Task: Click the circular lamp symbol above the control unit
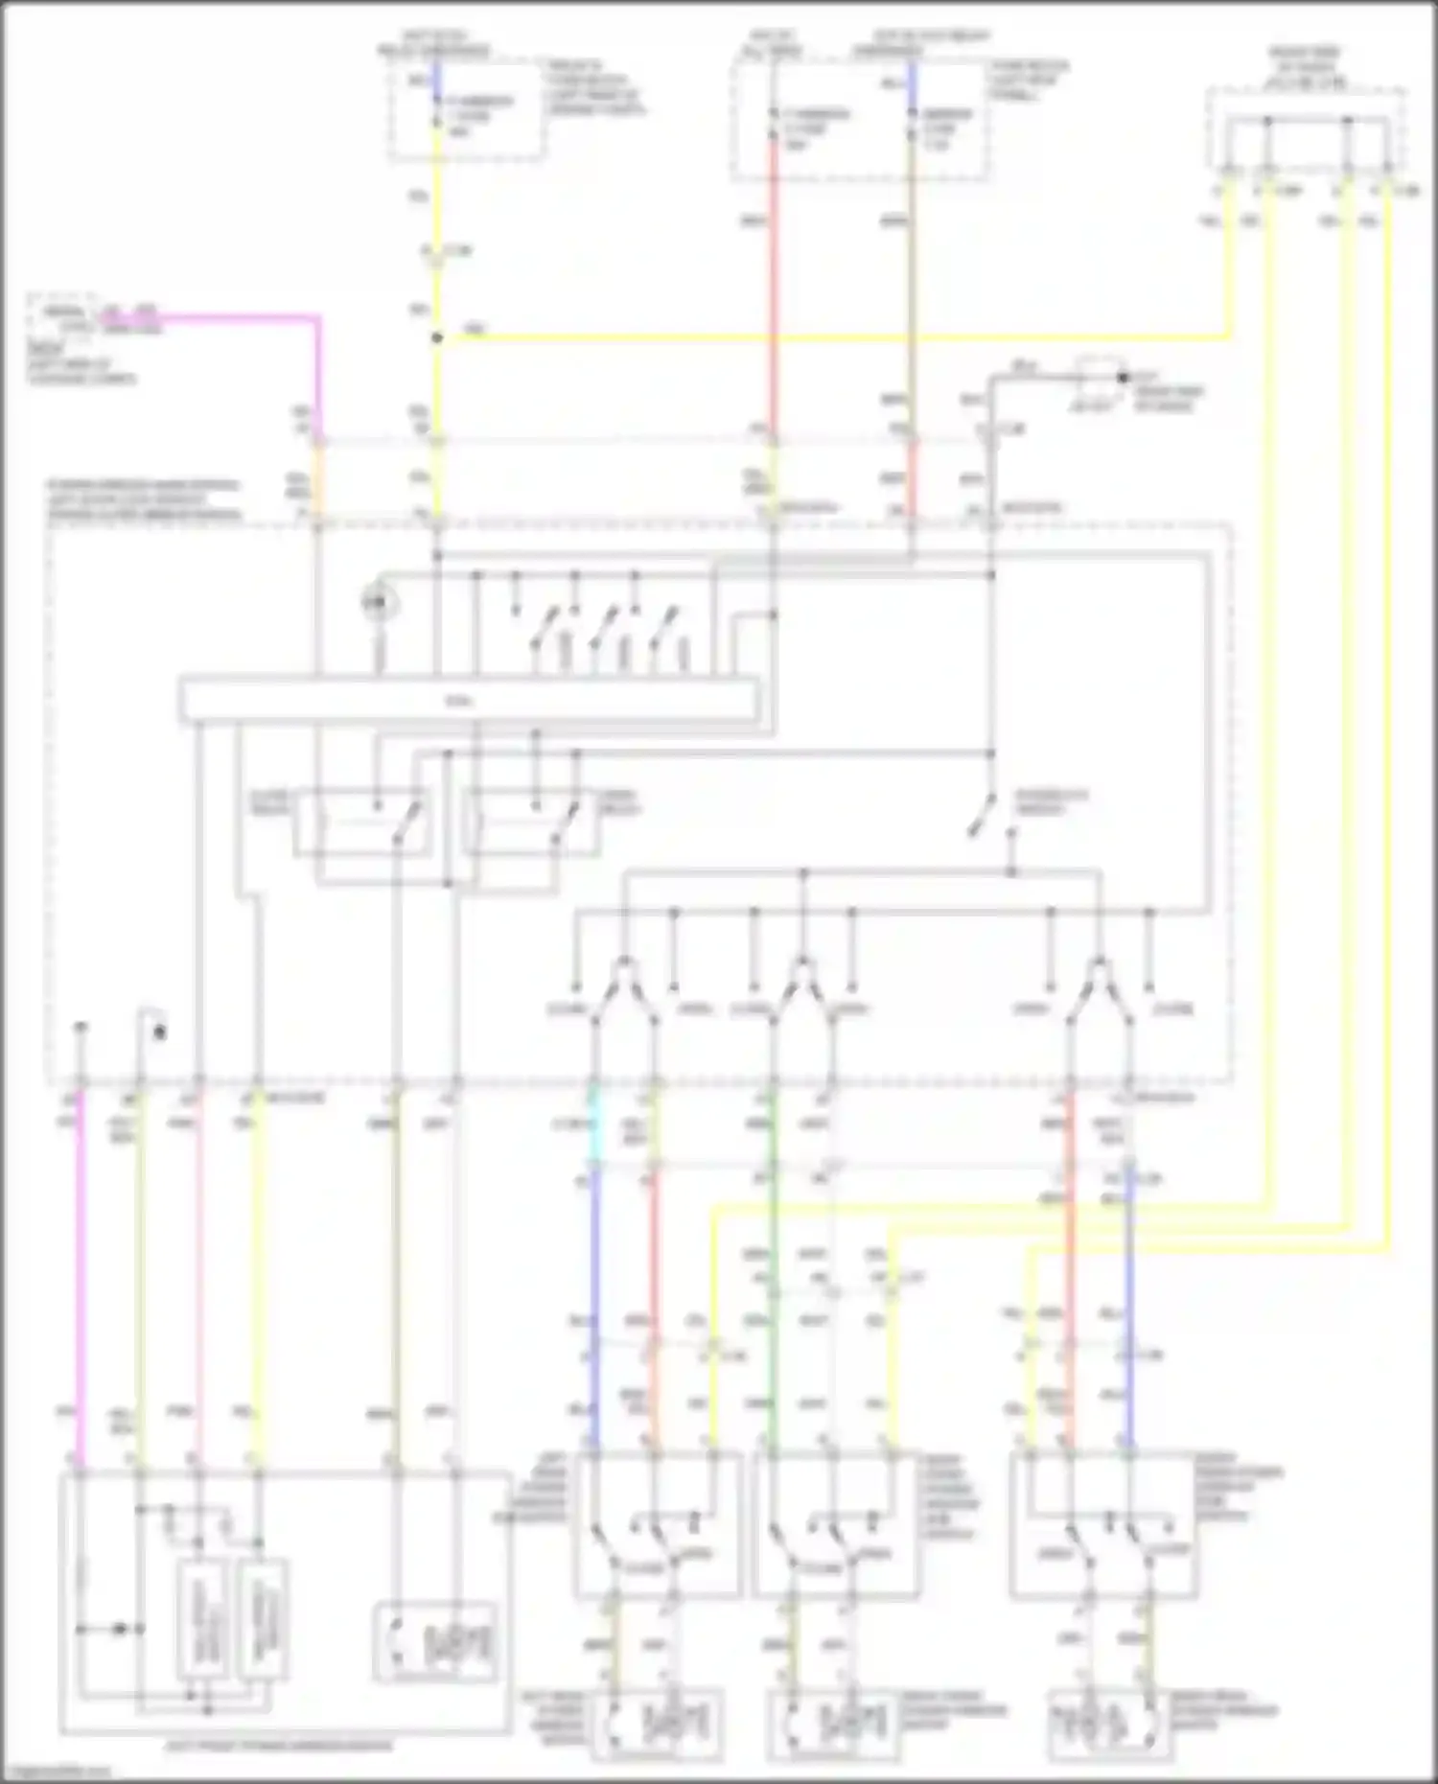coord(380,602)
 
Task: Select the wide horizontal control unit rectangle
coord(468,700)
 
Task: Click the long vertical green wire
coord(774,1275)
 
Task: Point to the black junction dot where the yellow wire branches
coord(437,338)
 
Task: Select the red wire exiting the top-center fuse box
coord(773,288)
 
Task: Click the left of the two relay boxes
coord(361,822)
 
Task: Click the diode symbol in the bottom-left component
coord(120,1629)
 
